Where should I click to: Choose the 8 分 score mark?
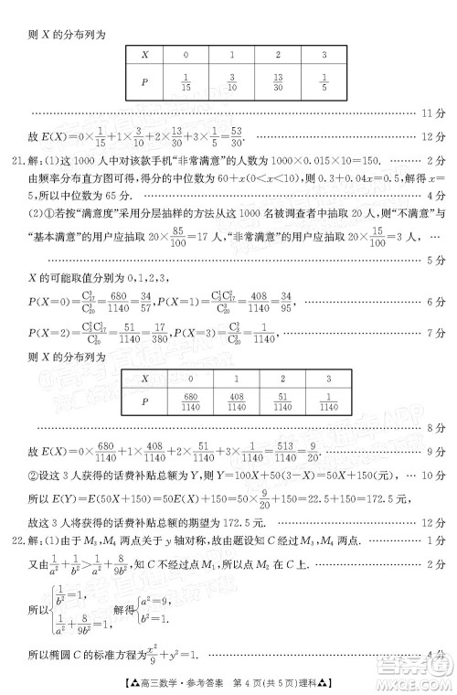pyautogui.click(x=434, y=426)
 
